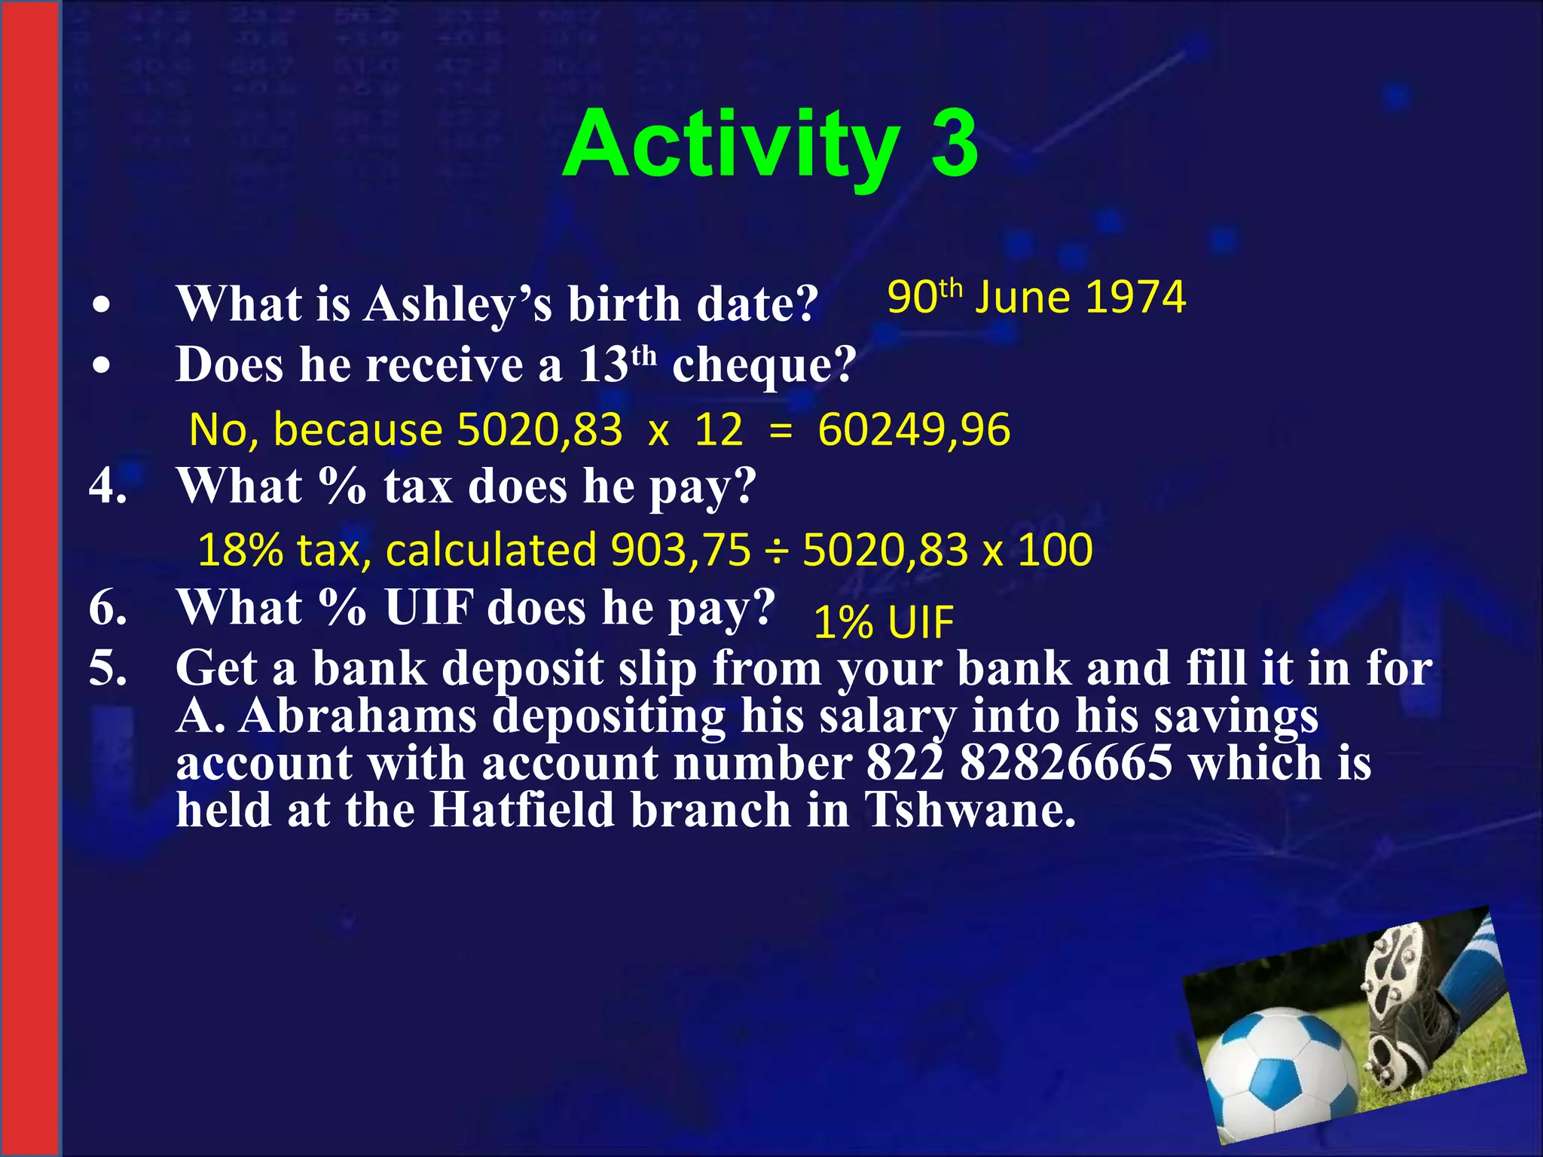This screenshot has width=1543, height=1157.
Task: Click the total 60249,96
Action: click(914, 430)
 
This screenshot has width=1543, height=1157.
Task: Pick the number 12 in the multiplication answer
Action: click(718, 430)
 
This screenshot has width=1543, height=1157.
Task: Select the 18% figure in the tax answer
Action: click(240, 550)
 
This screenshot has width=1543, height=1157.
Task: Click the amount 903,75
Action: click(680, 550)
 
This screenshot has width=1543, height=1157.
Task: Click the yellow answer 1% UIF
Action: click(884, 623)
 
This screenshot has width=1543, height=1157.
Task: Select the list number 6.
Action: click(108, 607)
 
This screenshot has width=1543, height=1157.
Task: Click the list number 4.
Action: click(108, 486)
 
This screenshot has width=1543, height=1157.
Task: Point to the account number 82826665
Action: click(1065, 763)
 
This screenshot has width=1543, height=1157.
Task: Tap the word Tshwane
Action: click(970, 811)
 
